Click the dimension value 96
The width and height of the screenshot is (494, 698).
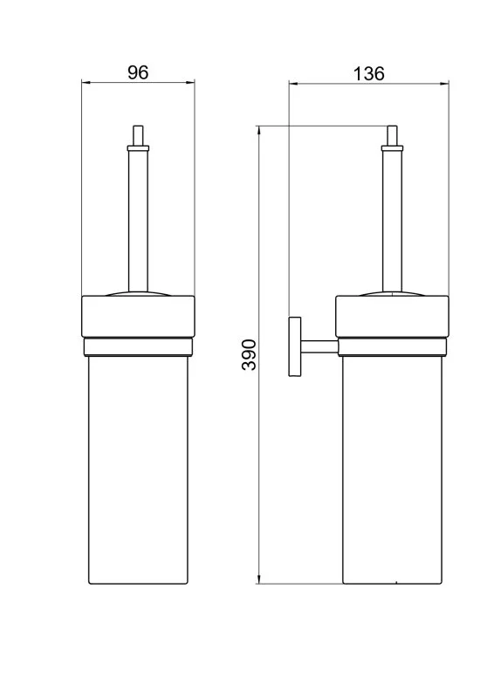coord(138,73)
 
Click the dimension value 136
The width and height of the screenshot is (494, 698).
coord(368,73)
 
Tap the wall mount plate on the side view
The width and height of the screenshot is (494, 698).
coord(292,346)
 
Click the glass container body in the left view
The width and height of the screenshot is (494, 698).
coord(137,471)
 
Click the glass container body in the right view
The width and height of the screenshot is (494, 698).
coord(394,471)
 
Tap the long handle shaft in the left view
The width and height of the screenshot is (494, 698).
coord(137,218)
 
